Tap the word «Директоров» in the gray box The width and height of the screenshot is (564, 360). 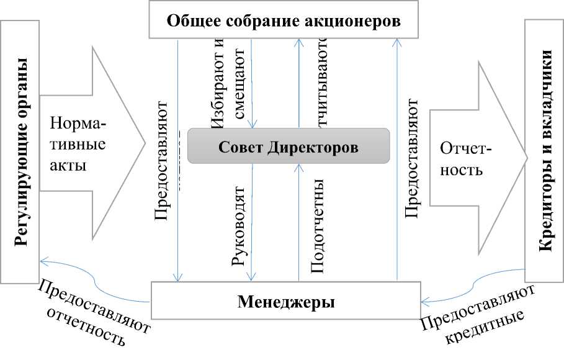(x=320, y=148)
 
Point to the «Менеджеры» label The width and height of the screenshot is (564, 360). (x=286, y=303)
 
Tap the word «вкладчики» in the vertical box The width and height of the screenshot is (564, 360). (x=545, y=99)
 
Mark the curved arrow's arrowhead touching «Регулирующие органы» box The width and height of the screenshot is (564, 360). (x=40, y=261)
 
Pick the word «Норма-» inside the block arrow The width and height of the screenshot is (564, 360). (x=78, y=124)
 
